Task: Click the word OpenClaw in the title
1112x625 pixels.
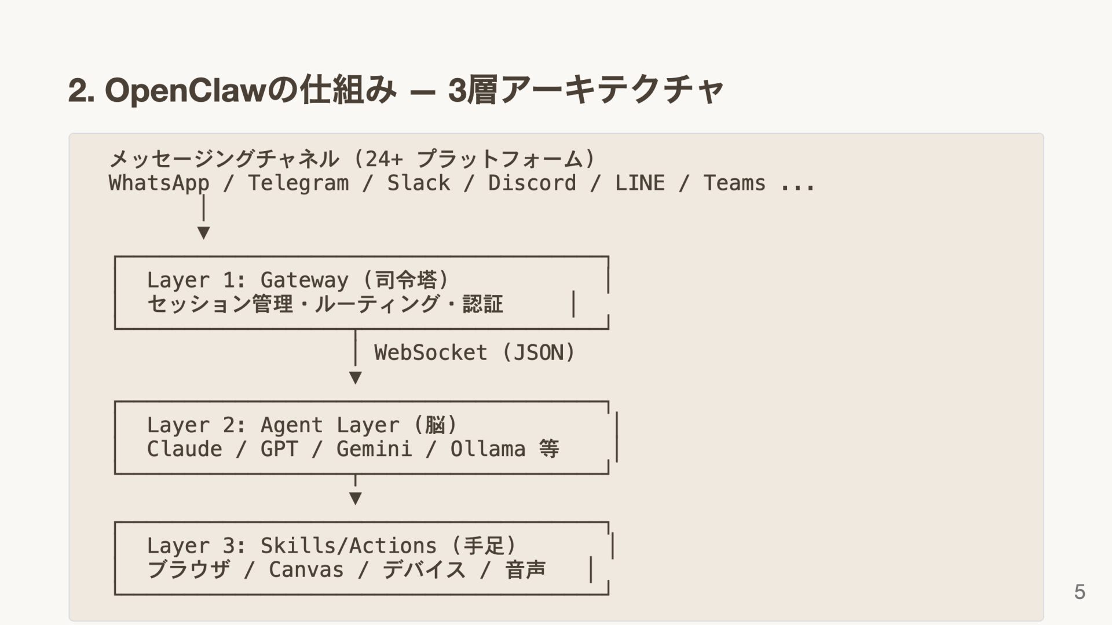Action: (x=185, y=90)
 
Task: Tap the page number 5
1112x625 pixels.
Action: (x=1080, y=591)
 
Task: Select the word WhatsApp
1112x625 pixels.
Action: (x=159, y=183)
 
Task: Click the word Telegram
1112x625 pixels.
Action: (x=298, y=183)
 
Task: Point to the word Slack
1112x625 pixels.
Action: (x=418, y=183)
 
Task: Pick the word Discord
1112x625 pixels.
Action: (x=532, y=183)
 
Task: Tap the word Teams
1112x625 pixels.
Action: (x=734, y=183)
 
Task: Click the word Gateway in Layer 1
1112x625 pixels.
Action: (x=304, y=280)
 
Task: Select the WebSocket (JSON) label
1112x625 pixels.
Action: (x=474, y=352)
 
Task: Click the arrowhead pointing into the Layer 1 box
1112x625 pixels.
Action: (x=203, y=233)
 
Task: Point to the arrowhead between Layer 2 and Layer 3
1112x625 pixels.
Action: (x=356, y=498)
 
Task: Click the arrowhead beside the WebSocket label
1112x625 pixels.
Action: (x=356, y=378)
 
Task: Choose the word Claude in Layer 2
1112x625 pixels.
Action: (x=184, y=449)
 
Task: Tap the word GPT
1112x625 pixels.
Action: (x=279, y=449)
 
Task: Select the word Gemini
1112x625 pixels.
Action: (x=374, y=449)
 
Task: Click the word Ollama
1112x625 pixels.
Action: (x=488, y=449)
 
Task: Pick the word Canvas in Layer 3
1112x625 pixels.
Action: (x=306, y=570)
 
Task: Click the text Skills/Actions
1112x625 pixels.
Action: (x=348, y=546)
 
